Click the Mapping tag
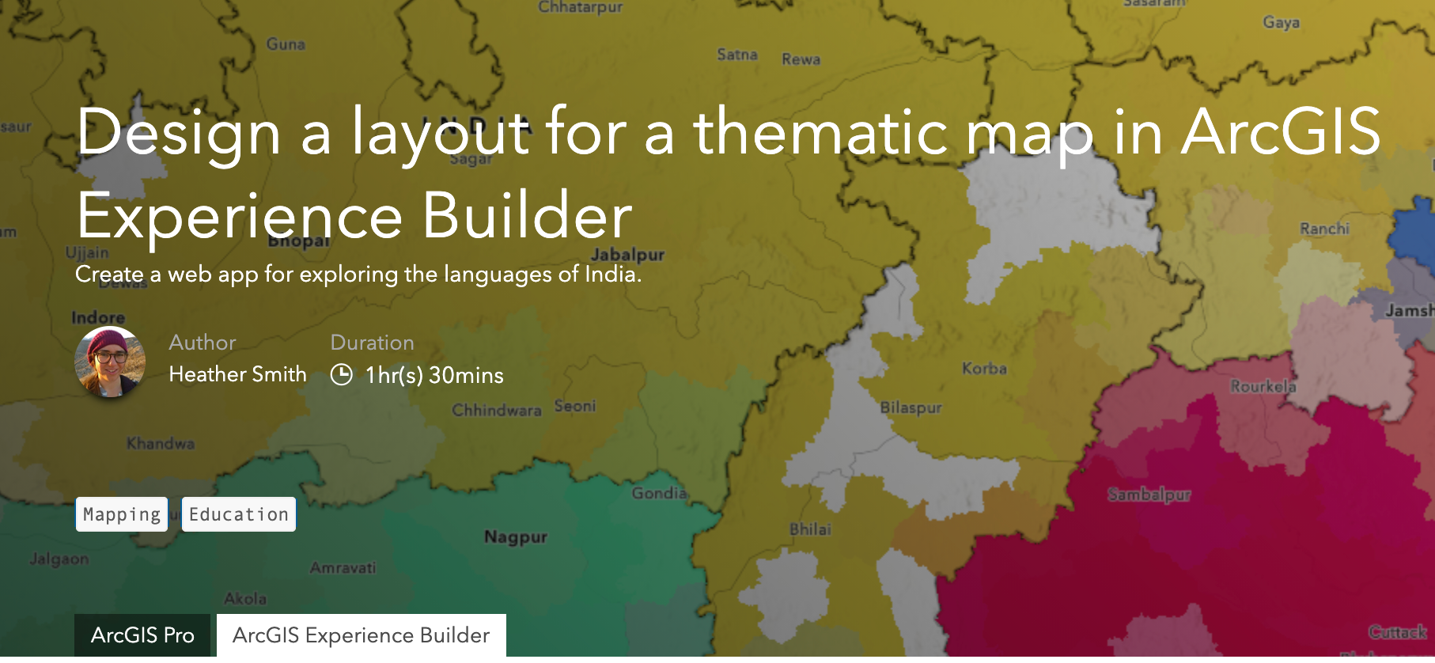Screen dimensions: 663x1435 [x=122, y=514]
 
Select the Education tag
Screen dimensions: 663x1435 [x=238, y=514]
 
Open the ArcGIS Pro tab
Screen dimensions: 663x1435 [x=142, y=635]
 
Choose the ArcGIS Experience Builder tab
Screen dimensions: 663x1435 [x=361, y=635]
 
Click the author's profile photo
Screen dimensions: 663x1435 [x=110, y=362]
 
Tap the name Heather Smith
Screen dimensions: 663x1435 [x=237, y=374]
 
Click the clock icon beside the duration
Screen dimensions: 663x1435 [x=341, y=374]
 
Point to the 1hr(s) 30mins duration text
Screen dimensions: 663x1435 [x=434, y=375]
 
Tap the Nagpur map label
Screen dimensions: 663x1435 [x=516, y=537]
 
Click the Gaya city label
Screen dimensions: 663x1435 [x=1281, y=22]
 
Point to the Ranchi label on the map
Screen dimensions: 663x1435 [x=1324, y=229]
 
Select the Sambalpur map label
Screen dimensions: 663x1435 [x=1149, y=495]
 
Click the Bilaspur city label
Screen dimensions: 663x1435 [x=911, y=408]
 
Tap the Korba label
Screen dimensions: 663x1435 [x=984, y=369]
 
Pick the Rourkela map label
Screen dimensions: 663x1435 [x=1263, y=387]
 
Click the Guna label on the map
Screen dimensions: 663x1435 [x=286, y=44]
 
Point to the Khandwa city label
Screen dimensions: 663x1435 [x=161, y=444]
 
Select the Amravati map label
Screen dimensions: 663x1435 [x=343, y=568]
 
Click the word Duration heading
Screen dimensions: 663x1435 [x=372, y=343]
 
